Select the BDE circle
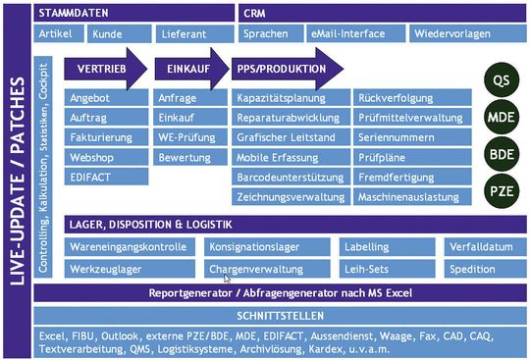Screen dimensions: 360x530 point(501,153)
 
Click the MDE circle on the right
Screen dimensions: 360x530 point(501,118)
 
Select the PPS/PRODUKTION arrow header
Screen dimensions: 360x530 point(285,70)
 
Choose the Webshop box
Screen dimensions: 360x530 point(106,156)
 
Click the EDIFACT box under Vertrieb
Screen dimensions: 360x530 point(106,176)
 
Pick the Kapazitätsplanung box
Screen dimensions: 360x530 point(291,99)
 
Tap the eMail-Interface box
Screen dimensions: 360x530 point(347,33)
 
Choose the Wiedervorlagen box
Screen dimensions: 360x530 point(454,33)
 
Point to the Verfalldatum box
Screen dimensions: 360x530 point(479,246)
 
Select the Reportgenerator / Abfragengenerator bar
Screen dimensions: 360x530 point(280,293)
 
